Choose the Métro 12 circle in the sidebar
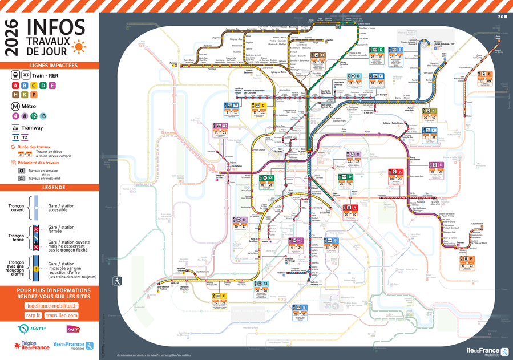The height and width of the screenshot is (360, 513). click(x=33, y=116)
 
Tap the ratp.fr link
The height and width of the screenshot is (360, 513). click(x=33, y=315)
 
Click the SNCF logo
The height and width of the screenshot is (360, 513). click(x=73, y=329)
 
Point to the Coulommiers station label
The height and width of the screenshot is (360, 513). click(x=478, y=223)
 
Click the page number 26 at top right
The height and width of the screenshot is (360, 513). click(x=502, y=17)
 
